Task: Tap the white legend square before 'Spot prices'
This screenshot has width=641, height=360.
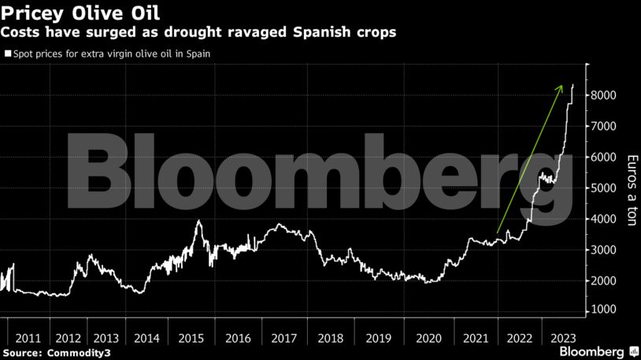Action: coord(9,54)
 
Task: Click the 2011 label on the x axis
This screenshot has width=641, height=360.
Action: coord(28,337)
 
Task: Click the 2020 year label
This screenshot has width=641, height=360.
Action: coord(428,337)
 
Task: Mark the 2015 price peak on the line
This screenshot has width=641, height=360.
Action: coord(198,221)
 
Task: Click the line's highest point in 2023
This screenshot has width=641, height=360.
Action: coord(572,84)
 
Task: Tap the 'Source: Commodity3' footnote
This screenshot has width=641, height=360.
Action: coord(57,352)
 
